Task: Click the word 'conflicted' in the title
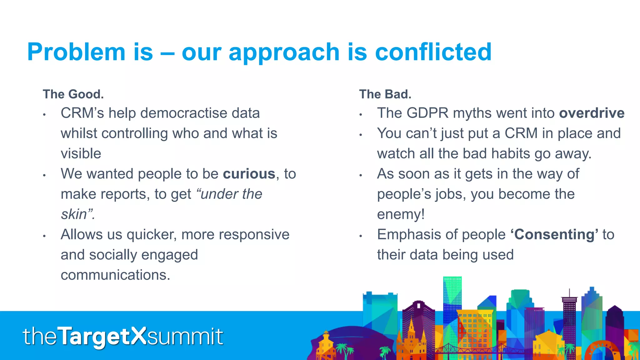pyautogui.click(x=433, y=52)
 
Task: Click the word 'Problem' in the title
pyautogui.click(x=76, y=52)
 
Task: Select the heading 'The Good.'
pyautogui.click(x=73, y=94)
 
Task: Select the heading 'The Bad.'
pyautogui.click(x=385, y=94)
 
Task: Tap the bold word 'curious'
pyautogui.click(x=249, y=174)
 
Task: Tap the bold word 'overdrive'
pyautogui.click(x=592, y=113)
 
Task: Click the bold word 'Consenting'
pyautogui.click(x=554, y=234)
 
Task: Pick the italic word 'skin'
pyautogui.click(x=74, y=214)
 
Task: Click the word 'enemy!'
pyautogui.click(x=401, y=214)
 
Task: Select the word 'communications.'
pyautogui.click(x=115, y=275)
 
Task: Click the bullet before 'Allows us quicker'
pyautogui.click(x=44, y=236)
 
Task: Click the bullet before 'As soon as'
pyautogui.click(x=361, y=175)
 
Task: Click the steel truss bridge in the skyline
pyautogui.click(x=462, y=348)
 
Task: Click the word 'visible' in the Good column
pyautogui.click(x=81, y=154)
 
